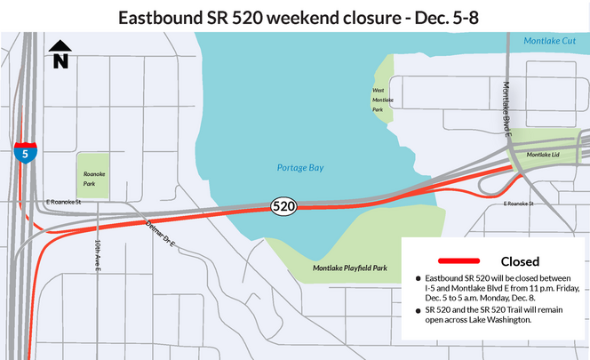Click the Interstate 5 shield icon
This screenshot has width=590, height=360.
25,153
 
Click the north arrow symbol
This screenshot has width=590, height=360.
60,54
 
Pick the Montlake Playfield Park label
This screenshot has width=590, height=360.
350,268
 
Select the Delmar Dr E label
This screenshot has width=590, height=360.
163,232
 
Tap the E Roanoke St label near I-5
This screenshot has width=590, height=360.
63,203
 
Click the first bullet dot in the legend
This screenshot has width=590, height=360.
419,279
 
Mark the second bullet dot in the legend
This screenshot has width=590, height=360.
419,310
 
